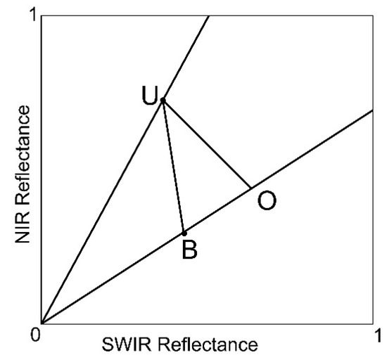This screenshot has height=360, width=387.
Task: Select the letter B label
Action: point(189,250)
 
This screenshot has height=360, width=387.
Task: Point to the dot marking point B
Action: point(184,233)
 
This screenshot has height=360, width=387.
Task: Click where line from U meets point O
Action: point(250,188)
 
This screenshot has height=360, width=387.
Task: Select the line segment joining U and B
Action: point(173,167)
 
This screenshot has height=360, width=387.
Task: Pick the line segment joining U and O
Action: point(207,144)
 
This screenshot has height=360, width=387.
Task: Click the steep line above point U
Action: point(186,56)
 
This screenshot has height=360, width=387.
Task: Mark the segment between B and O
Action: point(217,210)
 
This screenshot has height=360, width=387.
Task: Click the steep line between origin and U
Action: point(102,211)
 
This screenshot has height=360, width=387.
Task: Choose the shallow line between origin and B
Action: point(113,278)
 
